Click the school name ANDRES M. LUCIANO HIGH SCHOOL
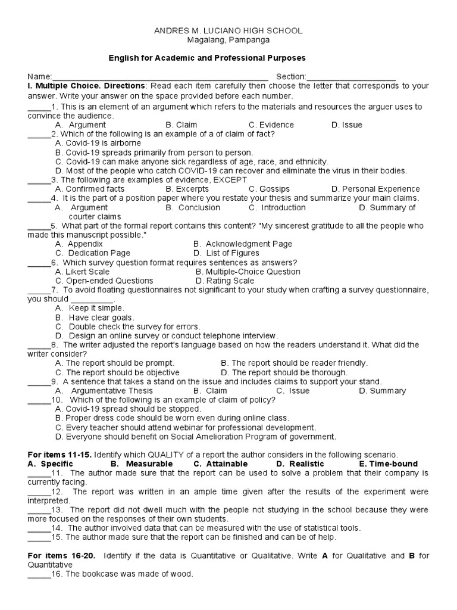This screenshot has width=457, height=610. click(x=228, y=30)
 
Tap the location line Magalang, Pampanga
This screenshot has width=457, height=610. click(x=228, y=40)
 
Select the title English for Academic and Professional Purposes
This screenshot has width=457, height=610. click(x=206, y=58)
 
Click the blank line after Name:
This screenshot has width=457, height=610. click(x=160, y=77)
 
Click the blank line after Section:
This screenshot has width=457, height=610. click(x=351, y=77)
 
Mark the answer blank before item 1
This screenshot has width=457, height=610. click(x=39, y=107)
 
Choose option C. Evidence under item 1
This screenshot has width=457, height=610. click(x=271, y=125)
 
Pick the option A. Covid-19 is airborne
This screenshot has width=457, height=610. click(x=98, y=144)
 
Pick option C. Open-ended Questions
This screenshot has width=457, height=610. click(x=104, y=281)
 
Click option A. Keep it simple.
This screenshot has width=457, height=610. click(x=89, y=309)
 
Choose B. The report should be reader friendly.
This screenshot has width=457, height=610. click(x=294, y=363)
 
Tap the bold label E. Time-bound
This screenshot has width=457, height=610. click(x=388, y=464)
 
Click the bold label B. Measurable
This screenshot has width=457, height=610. click(x=142, y=464)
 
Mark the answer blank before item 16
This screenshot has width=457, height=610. click(x=39, y=574)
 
